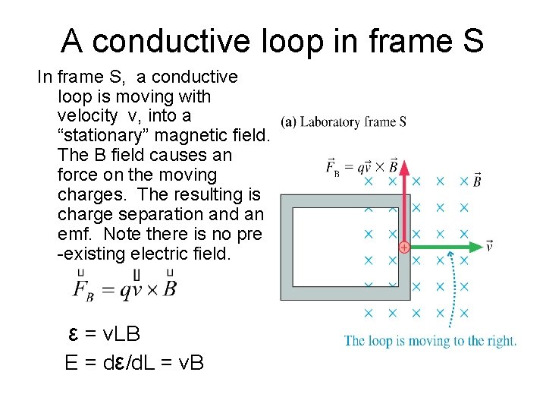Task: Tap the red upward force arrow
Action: click(x=404, y=197)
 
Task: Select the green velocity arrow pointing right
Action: click(x=444, y=247)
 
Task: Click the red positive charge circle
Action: click(x=404, y=248)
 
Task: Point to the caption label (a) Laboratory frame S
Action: click(x=344, y=121)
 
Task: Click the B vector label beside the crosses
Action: click(x=476, y=180)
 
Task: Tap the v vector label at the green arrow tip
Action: click(x=490, y=245)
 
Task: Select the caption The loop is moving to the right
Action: click(x=430, y=341)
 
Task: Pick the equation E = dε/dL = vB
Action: click(x=134, y=362)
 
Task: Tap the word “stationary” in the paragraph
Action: click(x=102, y=135)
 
